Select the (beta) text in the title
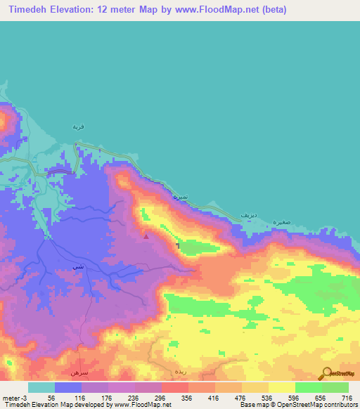pyautogui.click(x=270, y=10)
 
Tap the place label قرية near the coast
pyautogui.click(x=78, y=126)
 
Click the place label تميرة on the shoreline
pyautogui.click(x=181, y=198)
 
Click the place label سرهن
pyautogui.click(x=77, y=370)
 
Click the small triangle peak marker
pyautogui.click(x=146, y=236)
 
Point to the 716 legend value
pyautogui.click(x=346, y=398)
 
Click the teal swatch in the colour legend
pyautogui.click(x=41, y=387)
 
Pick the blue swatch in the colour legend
pyautogui.click(x=67, y=387)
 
